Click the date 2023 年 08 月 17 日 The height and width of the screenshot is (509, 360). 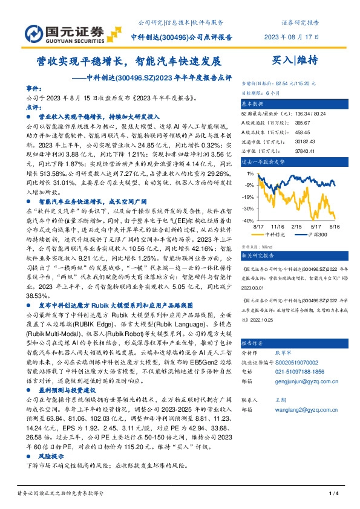pos(290,36)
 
